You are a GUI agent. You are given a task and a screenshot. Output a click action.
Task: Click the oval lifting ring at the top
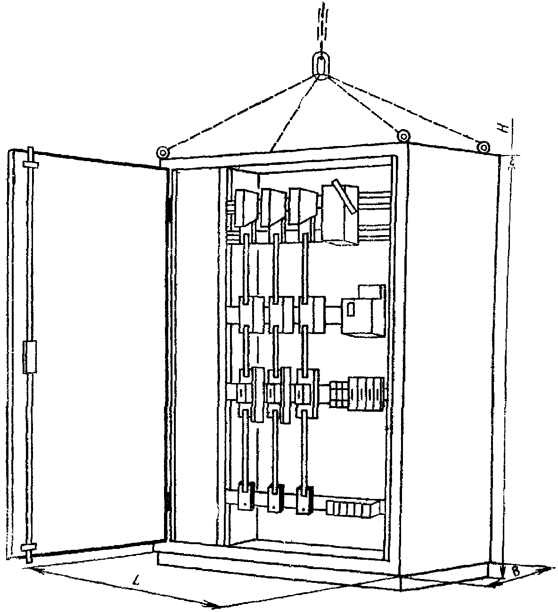pos(321,65)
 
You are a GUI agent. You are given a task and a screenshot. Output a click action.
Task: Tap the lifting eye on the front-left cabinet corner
pos(163,152)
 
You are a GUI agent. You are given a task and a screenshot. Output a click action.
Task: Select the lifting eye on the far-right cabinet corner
pos(484,147)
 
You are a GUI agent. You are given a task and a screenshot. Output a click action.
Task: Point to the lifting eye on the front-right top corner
pos(403,137)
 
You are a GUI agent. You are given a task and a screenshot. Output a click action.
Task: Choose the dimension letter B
pos(516,572)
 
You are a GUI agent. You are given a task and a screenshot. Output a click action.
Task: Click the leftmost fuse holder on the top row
pos(245,208)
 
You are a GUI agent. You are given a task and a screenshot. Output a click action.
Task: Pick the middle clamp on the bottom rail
pos(275,498)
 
